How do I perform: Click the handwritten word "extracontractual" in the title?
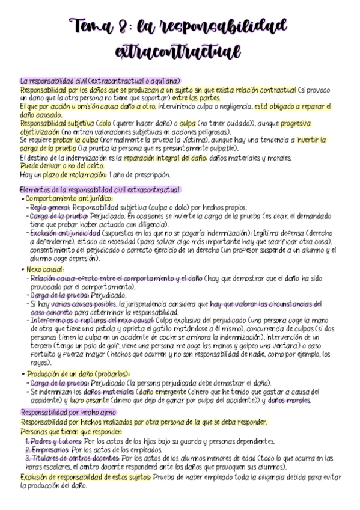click(181, 50)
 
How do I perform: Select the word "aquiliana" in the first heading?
click(165, 81)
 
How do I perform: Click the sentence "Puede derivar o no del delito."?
click(55, 167)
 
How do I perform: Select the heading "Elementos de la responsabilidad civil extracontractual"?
click(100, 190)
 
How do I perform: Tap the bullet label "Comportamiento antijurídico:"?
click(69, 198)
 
